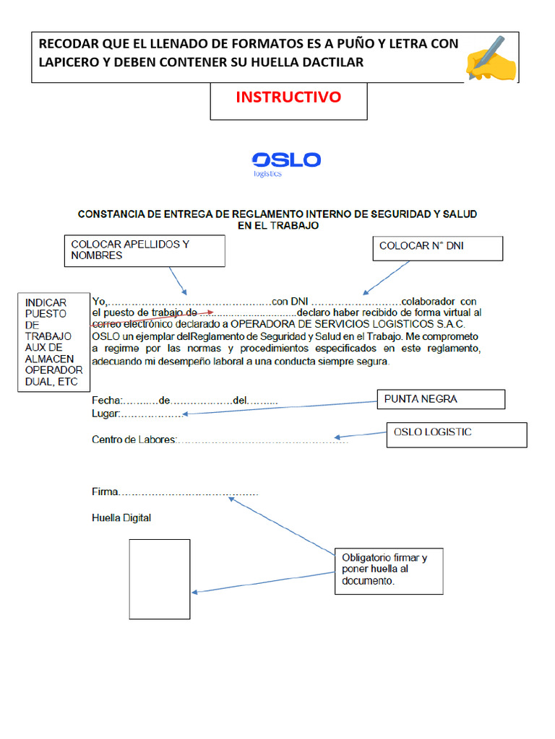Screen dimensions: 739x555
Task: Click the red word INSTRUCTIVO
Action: coord(288,97)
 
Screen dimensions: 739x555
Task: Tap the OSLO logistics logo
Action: coord(285,163)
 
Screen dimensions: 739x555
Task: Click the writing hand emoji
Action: coord(491,58)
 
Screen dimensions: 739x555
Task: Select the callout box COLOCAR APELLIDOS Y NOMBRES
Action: coord(145,250)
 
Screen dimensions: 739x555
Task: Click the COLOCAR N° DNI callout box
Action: coord(437,248)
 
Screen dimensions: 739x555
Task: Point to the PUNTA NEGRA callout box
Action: coord(441,399)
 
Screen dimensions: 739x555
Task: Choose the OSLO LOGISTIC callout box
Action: coord(458,434)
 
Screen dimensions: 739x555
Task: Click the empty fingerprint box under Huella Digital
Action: coord(160,579)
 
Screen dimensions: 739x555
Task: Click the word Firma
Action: coord(105,492)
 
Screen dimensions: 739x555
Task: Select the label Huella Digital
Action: coord(121,518)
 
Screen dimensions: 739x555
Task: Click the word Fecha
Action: coord(107,401)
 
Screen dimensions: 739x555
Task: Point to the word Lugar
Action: coord(105,414)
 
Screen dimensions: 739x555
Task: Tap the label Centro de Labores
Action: coord(134,440)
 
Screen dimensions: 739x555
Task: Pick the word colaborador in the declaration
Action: coord(428,301)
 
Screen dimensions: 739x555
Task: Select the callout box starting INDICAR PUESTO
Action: coord(50,342)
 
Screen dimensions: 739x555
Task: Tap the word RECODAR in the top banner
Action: coord(67,44)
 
